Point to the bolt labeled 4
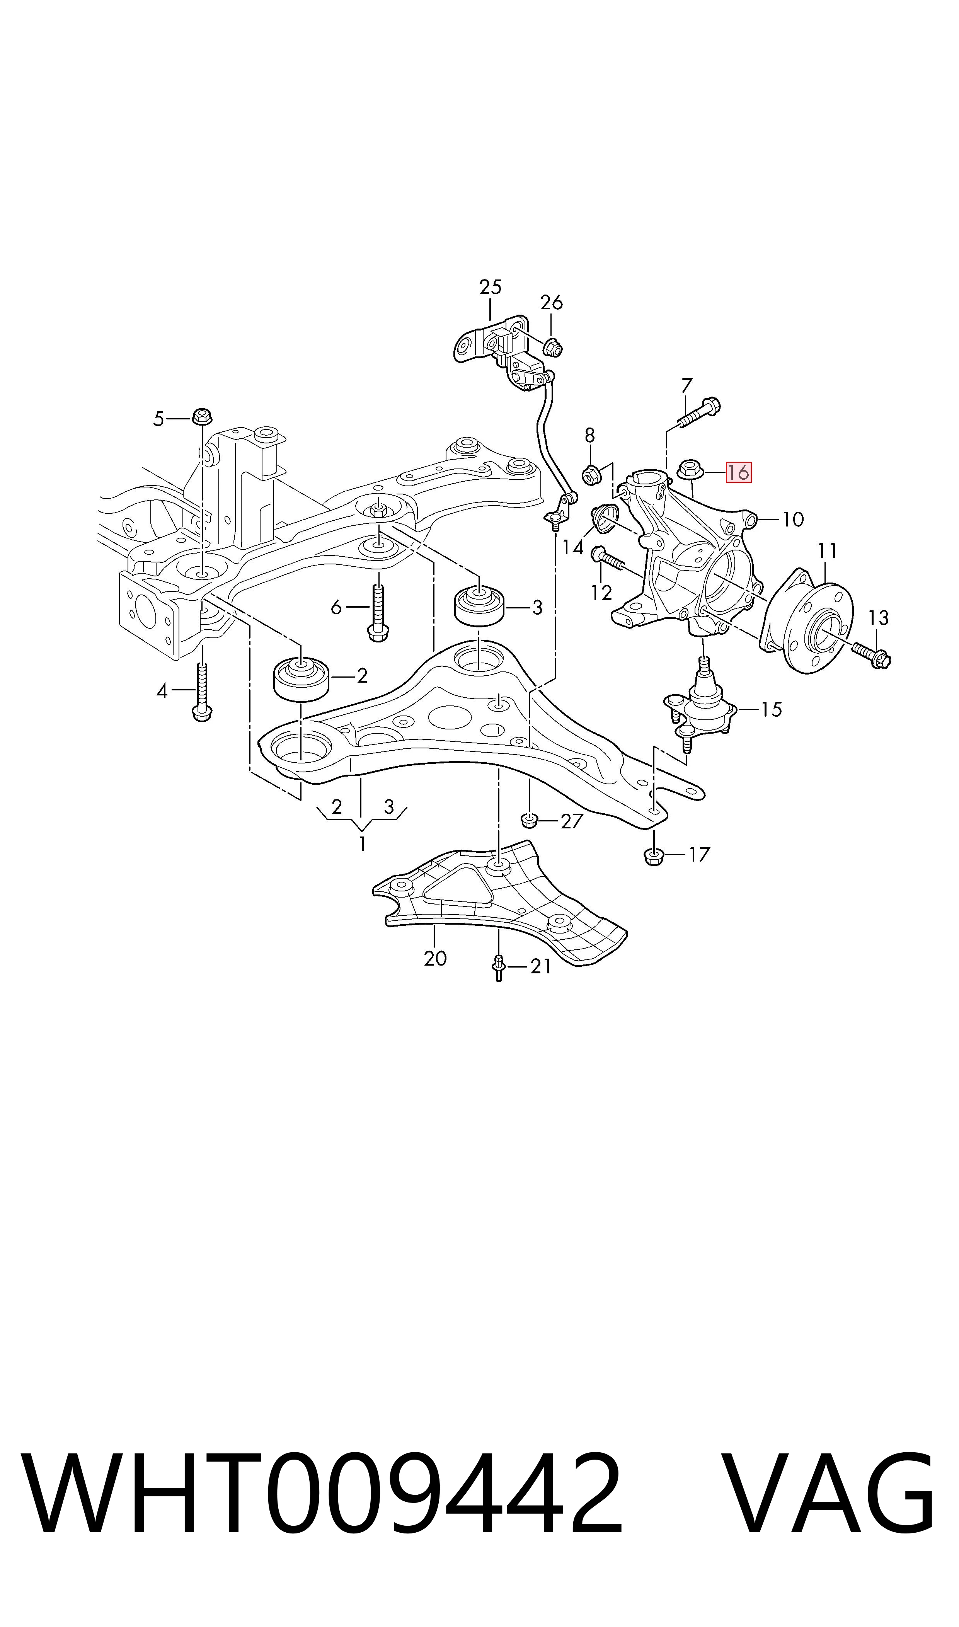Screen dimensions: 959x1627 (202, 692)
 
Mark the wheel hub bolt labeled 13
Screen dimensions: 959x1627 (872, 654)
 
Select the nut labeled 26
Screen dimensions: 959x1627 (552, 348)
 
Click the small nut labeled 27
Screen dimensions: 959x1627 (529, 821)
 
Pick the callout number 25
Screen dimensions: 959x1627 (491, 287)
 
